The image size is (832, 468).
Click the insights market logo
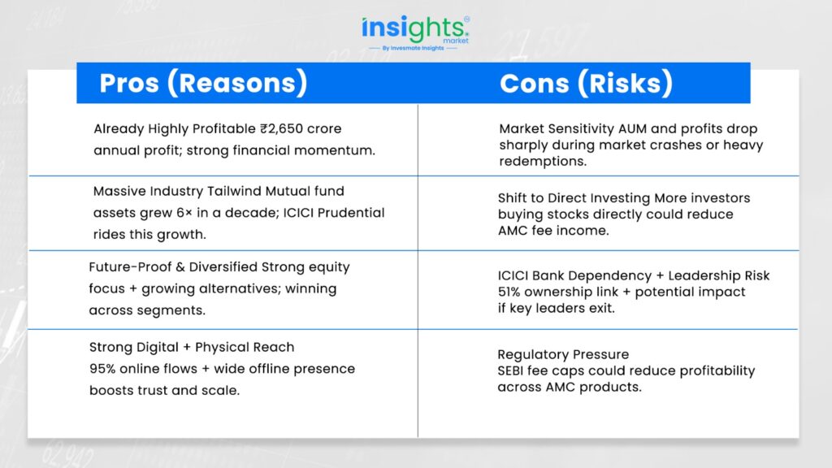coord(415,32)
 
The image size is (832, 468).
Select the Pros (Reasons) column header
coord(203,83)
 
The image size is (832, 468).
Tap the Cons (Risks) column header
coord(586,84)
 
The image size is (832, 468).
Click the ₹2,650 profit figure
coord(280,129)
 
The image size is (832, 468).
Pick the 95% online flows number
coord(101,369)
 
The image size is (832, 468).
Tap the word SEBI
coord(510,370)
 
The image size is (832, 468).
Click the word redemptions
coord(543,162)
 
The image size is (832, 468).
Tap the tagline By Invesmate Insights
coord(413,48)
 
